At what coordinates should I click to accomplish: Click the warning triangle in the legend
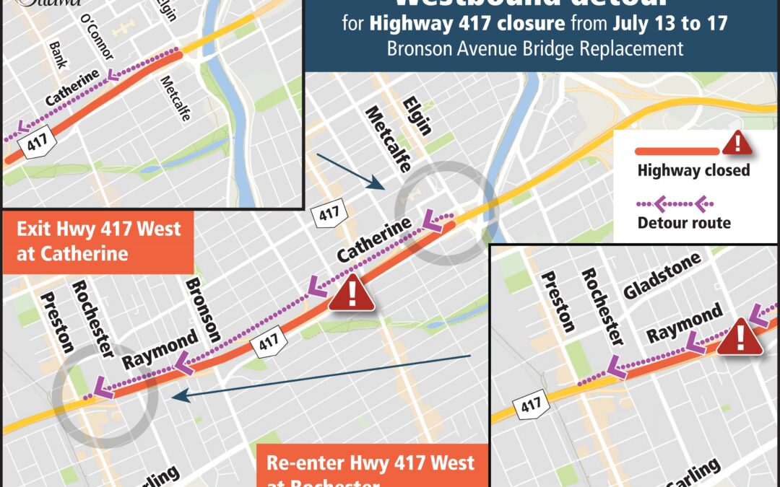737,143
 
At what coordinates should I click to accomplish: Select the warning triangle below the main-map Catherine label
352,293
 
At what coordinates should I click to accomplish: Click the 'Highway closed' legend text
693,171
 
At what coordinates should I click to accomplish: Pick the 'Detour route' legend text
683,223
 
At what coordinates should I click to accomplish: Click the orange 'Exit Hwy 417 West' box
98,242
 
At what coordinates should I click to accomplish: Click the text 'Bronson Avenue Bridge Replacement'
535,49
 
